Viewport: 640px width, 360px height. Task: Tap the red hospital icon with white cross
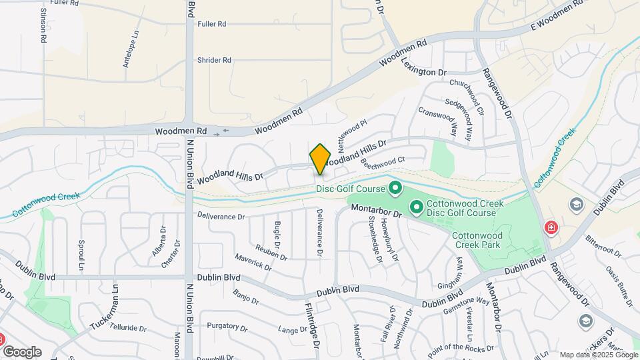click(x=551, y=227)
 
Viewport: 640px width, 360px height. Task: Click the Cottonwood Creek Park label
click(x=476, y=240)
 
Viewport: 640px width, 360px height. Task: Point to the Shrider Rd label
click(x=214, y=60)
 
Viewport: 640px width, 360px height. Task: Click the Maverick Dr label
click(x=253, y=261)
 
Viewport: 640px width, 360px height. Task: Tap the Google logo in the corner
click(x=22, y=351)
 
